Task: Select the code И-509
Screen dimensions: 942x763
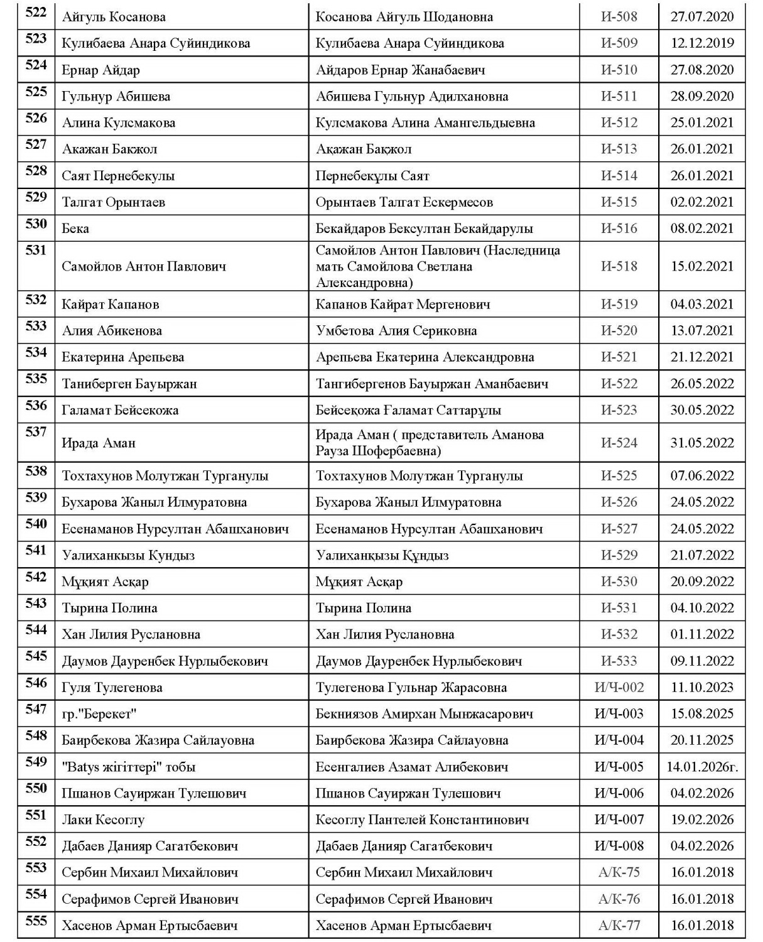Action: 619,43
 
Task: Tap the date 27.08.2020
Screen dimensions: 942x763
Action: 701,70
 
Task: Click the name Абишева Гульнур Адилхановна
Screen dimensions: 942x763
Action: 412,97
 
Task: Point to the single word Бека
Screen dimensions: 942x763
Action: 75,229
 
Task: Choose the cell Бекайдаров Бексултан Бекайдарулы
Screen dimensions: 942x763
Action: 424,229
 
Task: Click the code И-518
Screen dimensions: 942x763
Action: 619,266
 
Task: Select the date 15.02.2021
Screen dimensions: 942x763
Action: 701,266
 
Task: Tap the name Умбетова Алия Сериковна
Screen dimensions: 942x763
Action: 396,331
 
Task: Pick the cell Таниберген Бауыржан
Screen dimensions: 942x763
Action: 129,384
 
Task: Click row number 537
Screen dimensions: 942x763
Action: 36,432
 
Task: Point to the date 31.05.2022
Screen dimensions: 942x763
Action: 701,443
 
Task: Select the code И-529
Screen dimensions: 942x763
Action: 619,555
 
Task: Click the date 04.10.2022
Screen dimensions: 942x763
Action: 701,608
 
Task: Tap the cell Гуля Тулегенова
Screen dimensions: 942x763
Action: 112,688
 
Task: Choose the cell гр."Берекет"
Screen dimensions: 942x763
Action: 99,714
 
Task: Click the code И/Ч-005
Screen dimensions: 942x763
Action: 619,767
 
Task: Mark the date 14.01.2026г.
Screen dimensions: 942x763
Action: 701,767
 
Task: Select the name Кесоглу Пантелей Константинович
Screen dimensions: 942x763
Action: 422,820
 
